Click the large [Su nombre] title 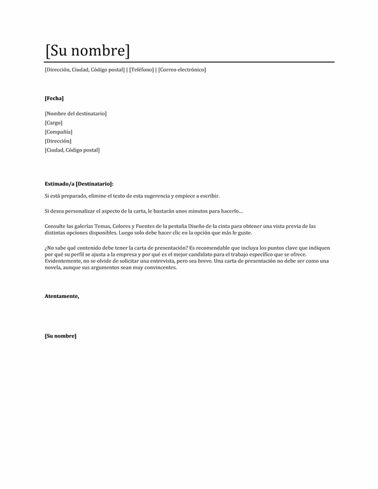click(x=87, y=50)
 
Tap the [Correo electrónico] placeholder click(x=182, y=69)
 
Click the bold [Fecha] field click(x=54, y=98)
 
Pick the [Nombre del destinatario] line click(x=76, y=113)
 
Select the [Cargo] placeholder click(x=54, y=122)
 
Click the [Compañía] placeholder click(x=59, y=132)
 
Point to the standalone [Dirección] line click(x=58, y=141)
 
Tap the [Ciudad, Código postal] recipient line click(x=72, y=150)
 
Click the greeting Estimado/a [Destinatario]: click(x=79, y=183)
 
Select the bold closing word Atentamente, click(x=62, y=296)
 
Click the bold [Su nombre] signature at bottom click(x=61, y=336)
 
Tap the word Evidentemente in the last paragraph click(x=63, y=261)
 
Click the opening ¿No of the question click(x=49, y=248)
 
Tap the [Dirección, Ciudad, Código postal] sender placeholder click(x=85, y=69)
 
